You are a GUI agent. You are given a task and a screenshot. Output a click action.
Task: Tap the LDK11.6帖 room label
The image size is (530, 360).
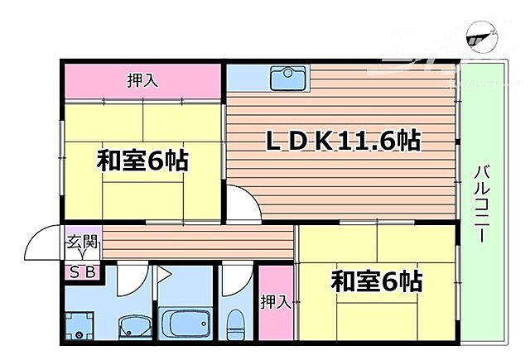[x=342, y=141]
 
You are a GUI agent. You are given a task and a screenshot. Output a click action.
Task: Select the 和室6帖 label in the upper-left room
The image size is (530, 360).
[x=142, y=160]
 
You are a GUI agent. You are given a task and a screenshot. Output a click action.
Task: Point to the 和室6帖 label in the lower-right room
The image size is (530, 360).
[x=376, y=281]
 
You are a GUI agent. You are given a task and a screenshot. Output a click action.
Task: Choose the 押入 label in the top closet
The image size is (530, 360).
[x=142, y=81]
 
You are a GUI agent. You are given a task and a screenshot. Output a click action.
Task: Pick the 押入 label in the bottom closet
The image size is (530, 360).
[x=275, y=302]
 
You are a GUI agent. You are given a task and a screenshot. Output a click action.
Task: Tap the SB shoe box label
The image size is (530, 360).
[x=82, y=271]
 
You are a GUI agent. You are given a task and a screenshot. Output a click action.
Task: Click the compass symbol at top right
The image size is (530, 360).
[x=478, y=35]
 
